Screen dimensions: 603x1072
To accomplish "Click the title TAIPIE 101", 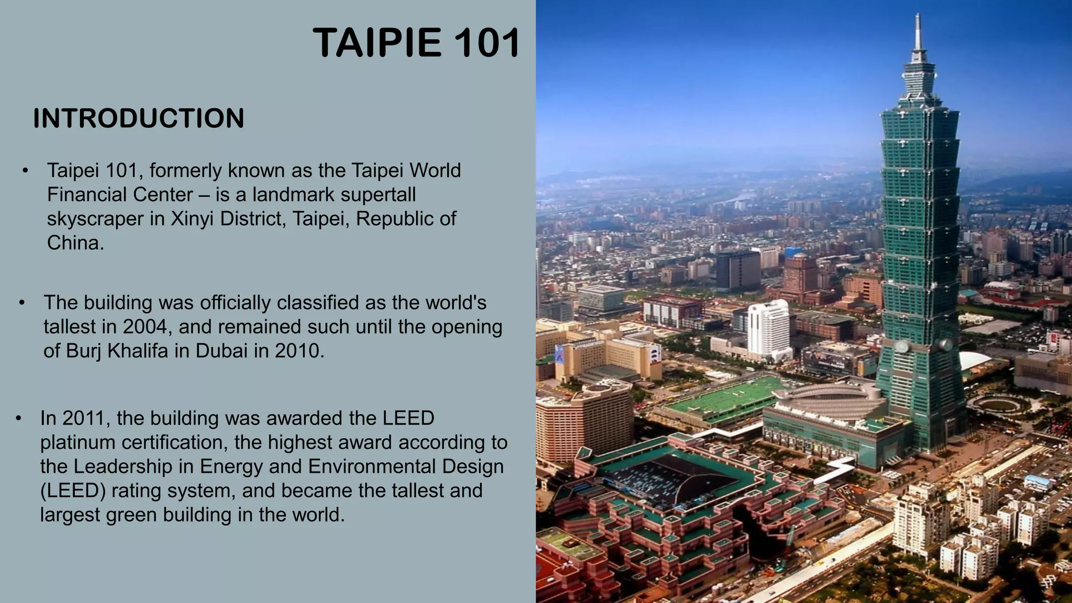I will (x=416, y=43).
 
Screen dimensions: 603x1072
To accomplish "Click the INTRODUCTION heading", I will (x=139, y=118).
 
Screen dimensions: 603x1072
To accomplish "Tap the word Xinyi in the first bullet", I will (x=192, y=219).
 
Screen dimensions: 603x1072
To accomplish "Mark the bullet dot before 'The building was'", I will (x=22, y=303).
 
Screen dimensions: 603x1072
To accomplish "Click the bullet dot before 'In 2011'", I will (x=18, y=418).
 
